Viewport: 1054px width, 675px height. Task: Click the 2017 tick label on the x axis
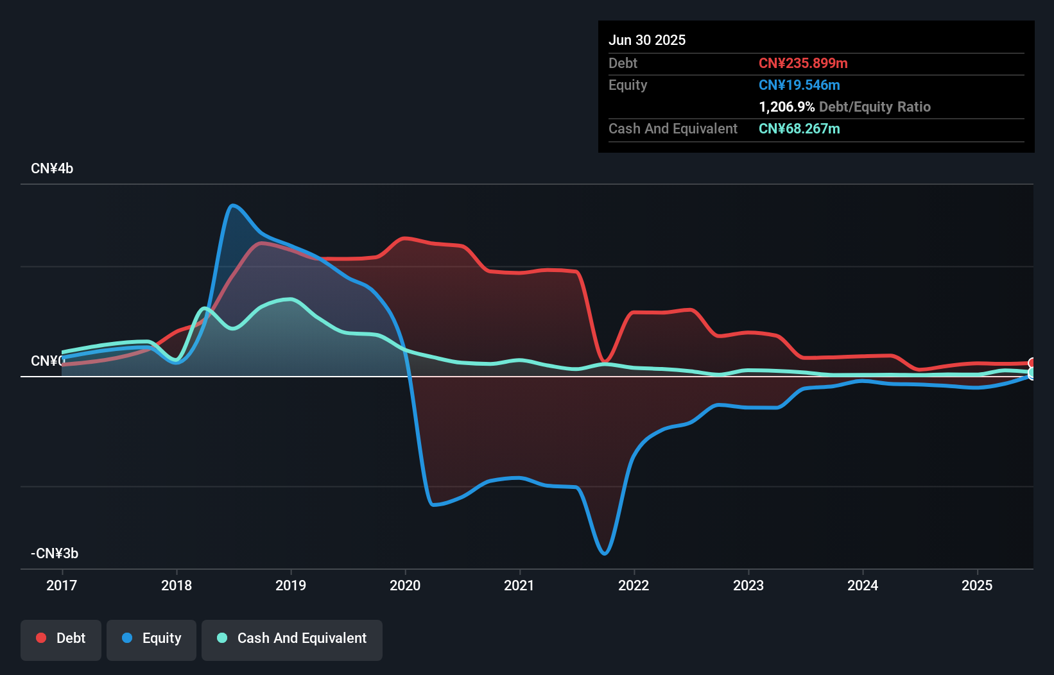[62, 585]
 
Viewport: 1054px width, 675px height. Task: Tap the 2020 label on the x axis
[405, 585]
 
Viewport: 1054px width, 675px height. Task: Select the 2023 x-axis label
[748, 585]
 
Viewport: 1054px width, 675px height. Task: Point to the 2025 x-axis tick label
[977, 585]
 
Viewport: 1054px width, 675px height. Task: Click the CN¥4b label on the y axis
[52, 169]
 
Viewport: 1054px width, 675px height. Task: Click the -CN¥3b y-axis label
[55, 553]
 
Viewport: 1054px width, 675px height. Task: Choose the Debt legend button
[61, 638]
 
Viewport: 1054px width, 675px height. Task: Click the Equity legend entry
[151, 638]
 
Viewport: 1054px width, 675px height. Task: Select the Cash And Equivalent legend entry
[292, 638]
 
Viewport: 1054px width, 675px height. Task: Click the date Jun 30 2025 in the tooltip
[647, 40]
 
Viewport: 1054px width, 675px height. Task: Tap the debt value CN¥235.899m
[803, 63]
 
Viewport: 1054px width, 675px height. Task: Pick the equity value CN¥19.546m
[799, 85]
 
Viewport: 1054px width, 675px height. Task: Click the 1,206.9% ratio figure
[786, 107]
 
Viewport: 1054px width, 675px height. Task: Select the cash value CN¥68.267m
[799, 128]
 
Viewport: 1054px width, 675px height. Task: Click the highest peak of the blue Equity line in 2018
[232, 205]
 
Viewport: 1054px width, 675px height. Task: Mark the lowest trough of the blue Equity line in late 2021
[605, 553]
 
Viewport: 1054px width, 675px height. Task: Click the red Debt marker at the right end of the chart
[1032, 363]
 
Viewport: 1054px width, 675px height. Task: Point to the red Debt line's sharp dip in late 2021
[605, 361]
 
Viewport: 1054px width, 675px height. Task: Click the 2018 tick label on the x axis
[177, 585]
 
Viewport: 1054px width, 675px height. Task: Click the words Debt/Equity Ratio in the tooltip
[875, 107]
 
